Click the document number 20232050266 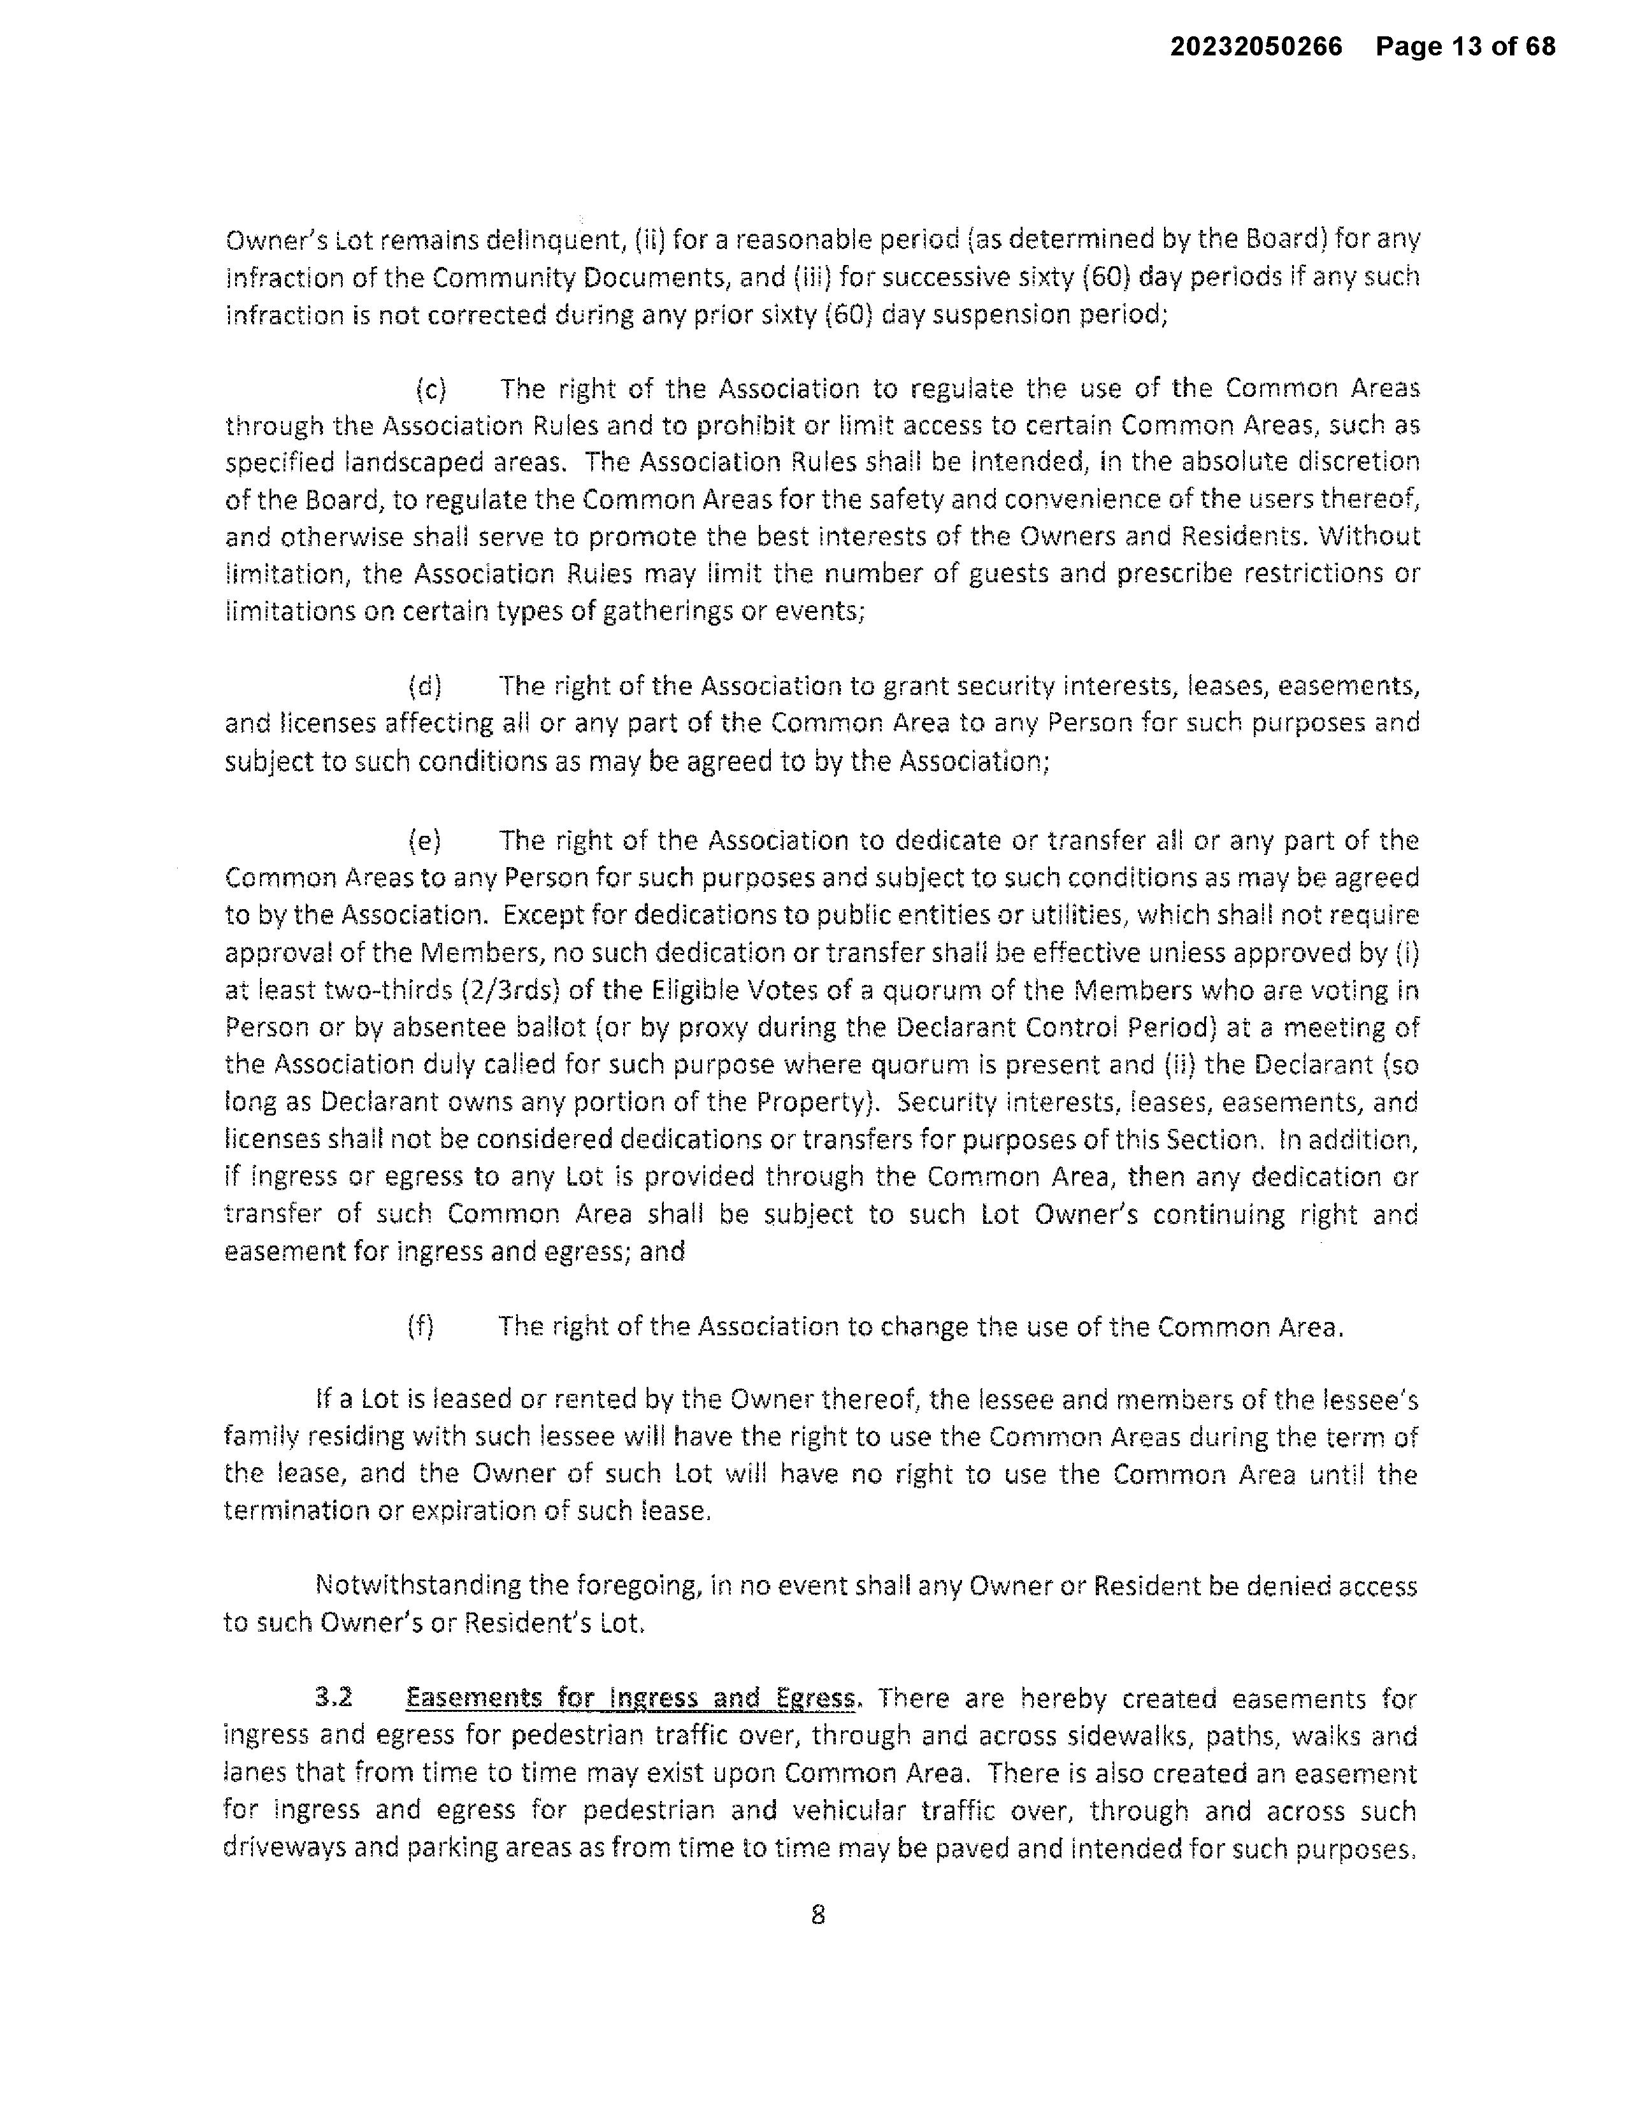(1256, 47)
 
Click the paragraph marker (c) (430, 389)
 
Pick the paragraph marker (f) (421, 1326)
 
